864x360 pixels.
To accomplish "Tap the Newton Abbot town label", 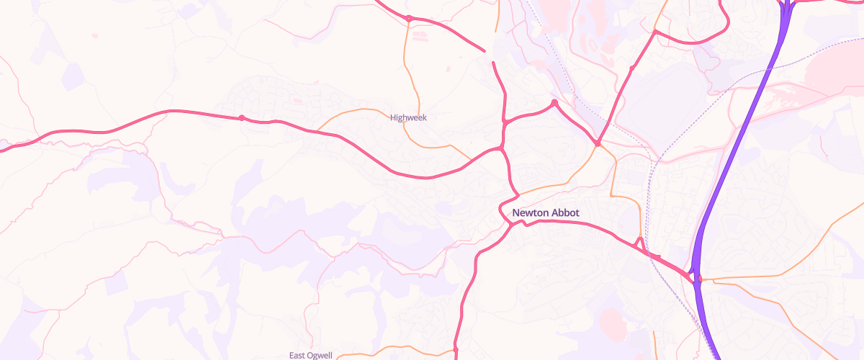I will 545,213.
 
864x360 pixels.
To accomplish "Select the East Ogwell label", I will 311,356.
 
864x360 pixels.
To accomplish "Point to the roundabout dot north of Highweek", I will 408,19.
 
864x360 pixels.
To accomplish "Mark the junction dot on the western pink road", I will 242,117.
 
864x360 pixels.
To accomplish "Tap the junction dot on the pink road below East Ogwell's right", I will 456,350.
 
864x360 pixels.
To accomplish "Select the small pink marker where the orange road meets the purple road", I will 700,279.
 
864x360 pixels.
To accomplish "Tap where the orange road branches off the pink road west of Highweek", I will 317,130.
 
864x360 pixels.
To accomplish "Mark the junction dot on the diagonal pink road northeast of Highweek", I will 631,68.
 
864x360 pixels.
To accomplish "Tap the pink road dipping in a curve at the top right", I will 691,42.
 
